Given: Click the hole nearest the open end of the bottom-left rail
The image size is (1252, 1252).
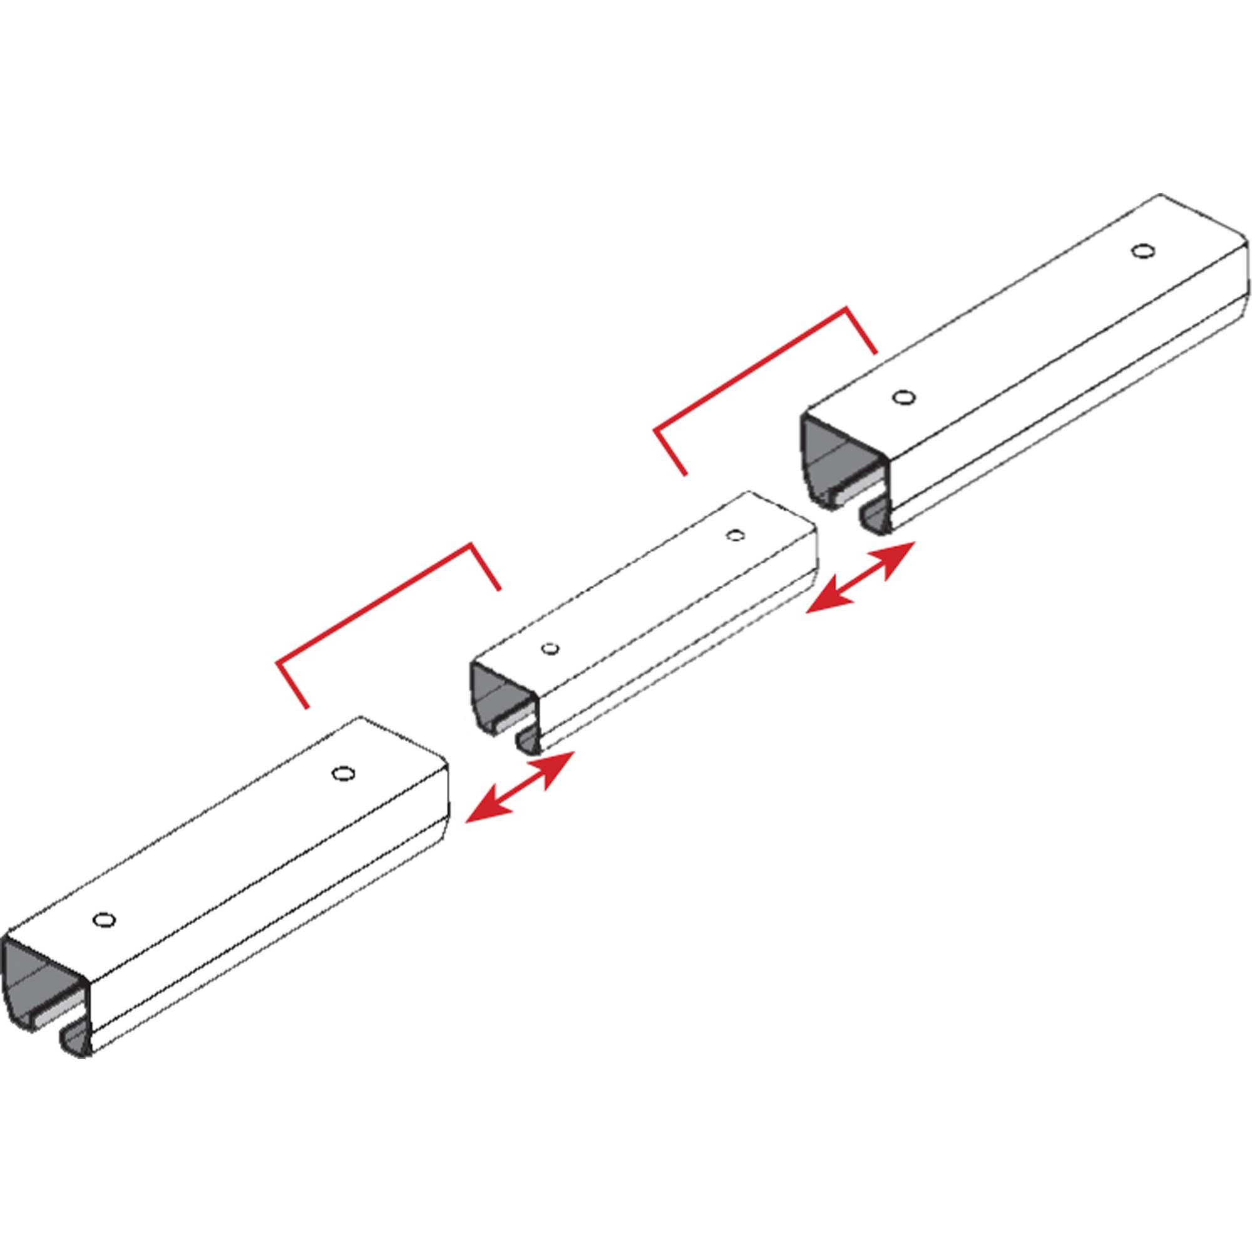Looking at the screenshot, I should [x=105, y=920].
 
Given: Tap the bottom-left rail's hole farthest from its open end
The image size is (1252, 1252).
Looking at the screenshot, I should [x=343, y=773].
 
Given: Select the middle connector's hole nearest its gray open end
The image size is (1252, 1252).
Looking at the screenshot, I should [x=550, y=649].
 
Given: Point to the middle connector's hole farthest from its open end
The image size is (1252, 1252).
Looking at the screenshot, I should [x=735, y=535].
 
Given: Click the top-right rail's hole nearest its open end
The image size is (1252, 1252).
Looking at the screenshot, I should [x=903, y=398].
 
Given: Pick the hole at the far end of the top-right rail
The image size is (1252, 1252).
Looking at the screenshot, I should [x=1143, y=251].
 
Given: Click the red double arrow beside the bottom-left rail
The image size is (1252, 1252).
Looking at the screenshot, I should [x=520, y=788].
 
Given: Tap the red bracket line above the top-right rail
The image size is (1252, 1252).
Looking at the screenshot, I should [x=752, y=369].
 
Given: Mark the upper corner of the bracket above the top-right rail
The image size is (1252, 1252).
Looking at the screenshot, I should [x=846, y=309].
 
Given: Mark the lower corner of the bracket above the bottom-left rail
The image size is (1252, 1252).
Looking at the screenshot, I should [x=279, y=662].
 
